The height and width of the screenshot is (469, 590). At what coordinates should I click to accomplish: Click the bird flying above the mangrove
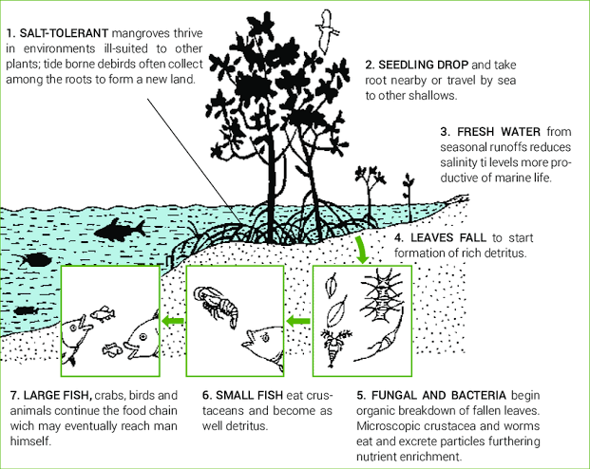pos(329,25)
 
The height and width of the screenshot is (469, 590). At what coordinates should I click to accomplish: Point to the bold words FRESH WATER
pos(503,131)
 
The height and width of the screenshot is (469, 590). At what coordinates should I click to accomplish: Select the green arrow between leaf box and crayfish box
pos(298,322)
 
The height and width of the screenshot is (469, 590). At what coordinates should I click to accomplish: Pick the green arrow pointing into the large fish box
pos(172,322)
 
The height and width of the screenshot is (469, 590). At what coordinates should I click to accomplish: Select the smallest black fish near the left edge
pos(26,309)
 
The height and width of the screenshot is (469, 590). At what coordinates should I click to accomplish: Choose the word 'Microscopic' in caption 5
pos(390,427)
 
